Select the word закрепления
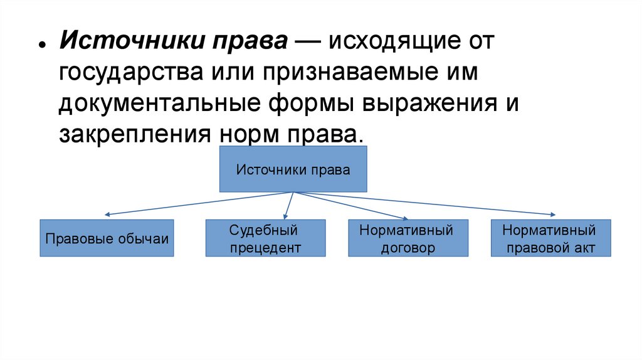(132, 133)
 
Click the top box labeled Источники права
(292, 169)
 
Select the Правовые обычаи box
(107, 238)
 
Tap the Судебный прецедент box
(266, 238)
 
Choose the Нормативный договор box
(406, 238)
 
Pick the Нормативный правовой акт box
(548, 238)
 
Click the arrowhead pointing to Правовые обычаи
(108, 215)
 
